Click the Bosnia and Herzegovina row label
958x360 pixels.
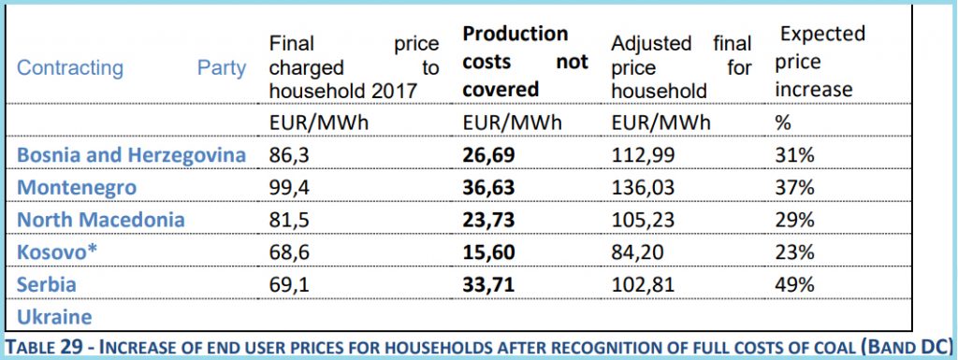tap(132, 154)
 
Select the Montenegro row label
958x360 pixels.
tap(77, 187)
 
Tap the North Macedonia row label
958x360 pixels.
tap(101, 220)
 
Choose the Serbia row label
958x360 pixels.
tap(47, 283)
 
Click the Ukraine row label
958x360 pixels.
tap(54, 315)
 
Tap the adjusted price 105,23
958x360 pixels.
tap(642, 220)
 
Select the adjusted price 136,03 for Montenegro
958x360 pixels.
tap(642, 187)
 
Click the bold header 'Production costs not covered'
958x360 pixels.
tap(525, 62)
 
